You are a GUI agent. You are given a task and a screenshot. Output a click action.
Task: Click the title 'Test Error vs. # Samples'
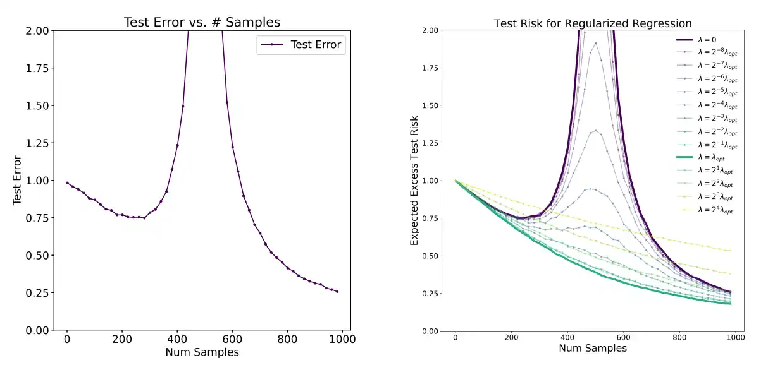point(202,22)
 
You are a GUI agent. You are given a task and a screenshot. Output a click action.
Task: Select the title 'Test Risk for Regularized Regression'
point(593,23)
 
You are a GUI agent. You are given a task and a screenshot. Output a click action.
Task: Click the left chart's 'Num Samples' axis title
point(202,352)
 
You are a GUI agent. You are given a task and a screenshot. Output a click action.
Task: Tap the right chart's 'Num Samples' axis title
point(593,348)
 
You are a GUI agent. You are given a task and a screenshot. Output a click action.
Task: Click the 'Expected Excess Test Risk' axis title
point(415,181)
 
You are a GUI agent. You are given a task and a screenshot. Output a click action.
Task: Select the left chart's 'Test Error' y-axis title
point(18,180)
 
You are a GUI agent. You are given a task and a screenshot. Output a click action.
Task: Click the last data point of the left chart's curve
point(337,292)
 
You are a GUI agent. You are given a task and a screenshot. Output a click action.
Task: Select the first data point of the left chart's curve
point(67,183)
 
